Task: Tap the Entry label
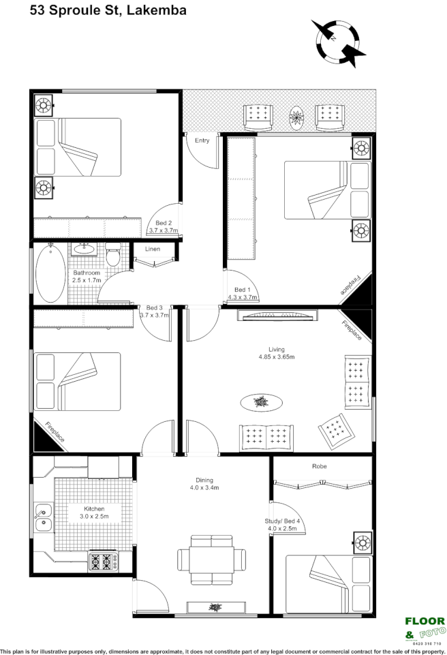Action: click(202, 140)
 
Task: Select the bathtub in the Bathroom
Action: click(50, 274)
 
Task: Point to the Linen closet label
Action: click(153, 249)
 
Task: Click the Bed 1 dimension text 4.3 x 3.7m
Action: click(243, 297)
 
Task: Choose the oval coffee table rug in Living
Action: click(260, 403)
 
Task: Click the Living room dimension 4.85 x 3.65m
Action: click(276, 356)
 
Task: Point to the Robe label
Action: click(320, 466)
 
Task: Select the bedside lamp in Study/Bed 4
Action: click(363, 543)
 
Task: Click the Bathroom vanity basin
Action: click(85, 249)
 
